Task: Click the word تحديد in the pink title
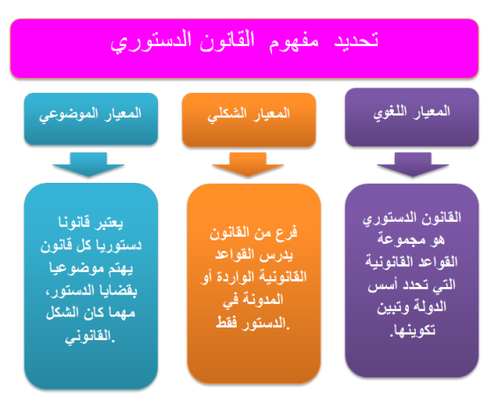(356, 41)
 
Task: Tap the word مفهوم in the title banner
(294, 42)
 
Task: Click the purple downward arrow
(413, 164)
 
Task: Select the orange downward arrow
(248, 164)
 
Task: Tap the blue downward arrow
(88, 164)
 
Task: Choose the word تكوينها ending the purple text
(414, 330)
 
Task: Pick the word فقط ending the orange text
(227, 322)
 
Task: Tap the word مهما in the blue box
(122, 314)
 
